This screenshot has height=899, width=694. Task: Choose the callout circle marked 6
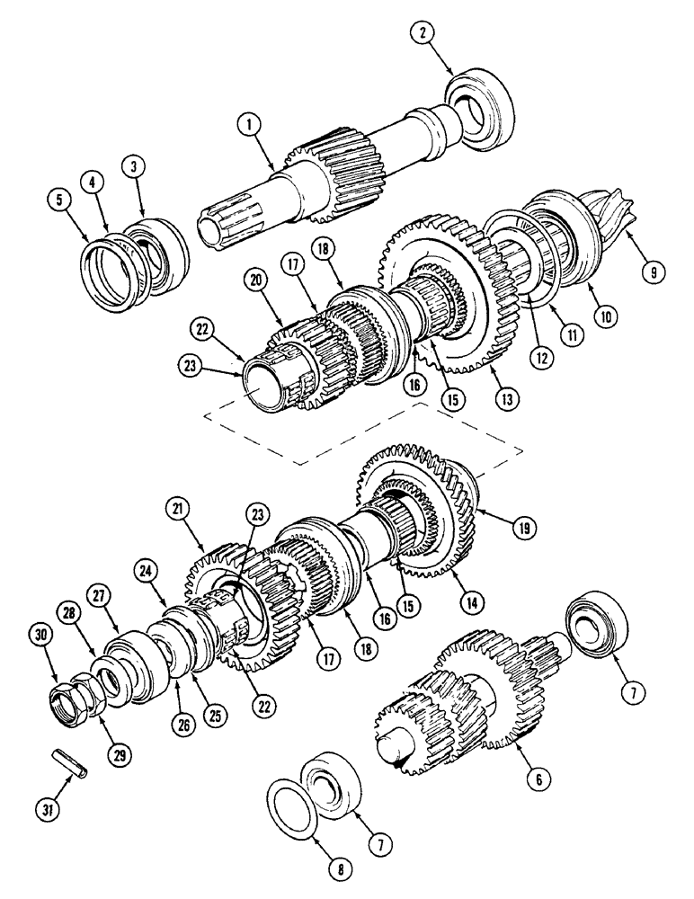[x=538, y=779]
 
